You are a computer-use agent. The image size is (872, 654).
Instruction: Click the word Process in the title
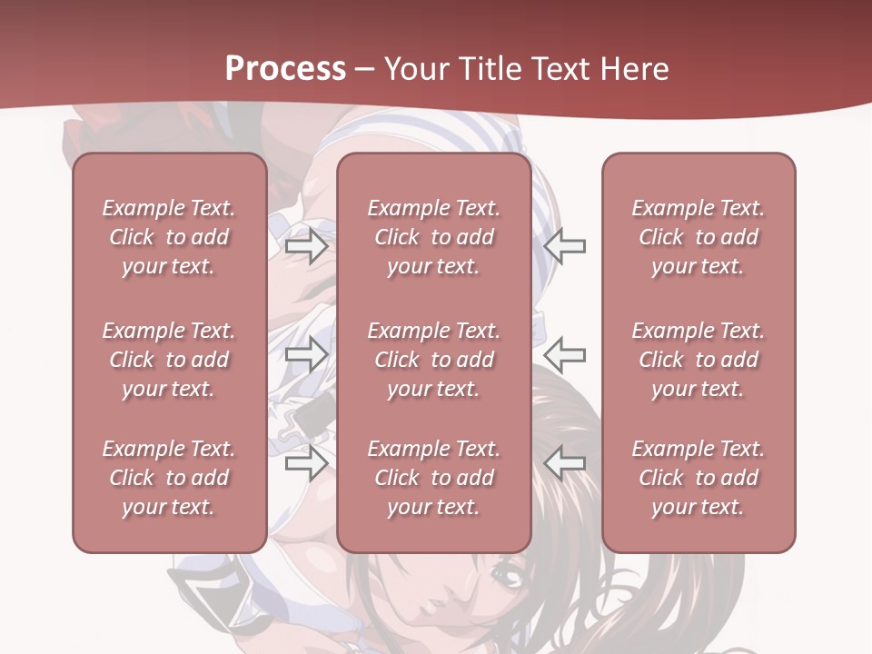285,68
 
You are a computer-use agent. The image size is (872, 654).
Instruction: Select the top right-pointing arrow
306,245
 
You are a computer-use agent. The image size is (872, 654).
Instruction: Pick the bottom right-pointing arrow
306,464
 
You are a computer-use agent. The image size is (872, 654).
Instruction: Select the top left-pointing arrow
564,245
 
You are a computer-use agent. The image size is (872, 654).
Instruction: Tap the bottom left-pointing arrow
564,464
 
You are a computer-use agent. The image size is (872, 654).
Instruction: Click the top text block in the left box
169,237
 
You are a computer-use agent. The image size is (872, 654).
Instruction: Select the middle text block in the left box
169,360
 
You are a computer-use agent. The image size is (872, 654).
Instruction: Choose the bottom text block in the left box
169,478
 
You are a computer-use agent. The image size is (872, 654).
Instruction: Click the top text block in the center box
433,237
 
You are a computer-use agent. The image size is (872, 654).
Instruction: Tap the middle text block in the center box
433,360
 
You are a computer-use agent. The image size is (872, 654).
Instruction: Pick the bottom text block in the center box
433,478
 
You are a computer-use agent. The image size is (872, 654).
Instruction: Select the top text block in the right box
698,237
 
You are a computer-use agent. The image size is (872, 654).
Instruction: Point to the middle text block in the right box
698,360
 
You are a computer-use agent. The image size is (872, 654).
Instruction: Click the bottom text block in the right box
698,478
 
